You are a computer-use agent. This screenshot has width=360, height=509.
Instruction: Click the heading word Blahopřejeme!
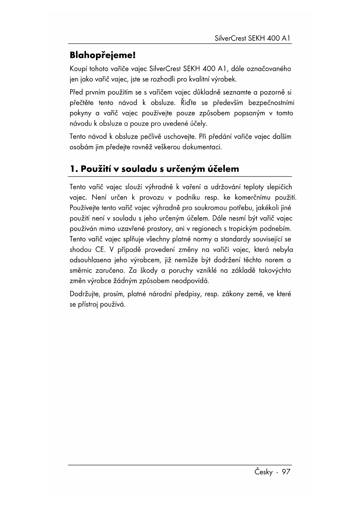[x=103, y=55]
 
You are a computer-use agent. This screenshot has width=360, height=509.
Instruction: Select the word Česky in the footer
[x=264, y=472]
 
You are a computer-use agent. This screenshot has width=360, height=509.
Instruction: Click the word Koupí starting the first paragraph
[x=78, y=69]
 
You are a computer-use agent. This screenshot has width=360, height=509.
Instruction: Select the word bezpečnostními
[x=271, y=103]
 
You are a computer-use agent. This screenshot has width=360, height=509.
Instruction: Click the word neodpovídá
[x=190, y=281]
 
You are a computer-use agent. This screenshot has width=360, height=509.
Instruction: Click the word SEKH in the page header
[x=256, y=38]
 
